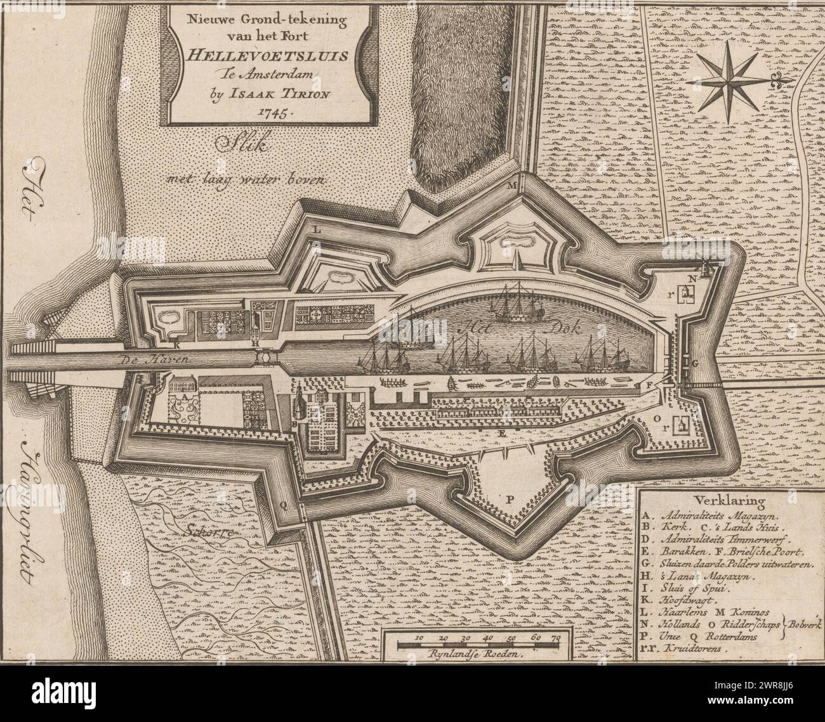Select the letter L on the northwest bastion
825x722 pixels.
319,230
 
